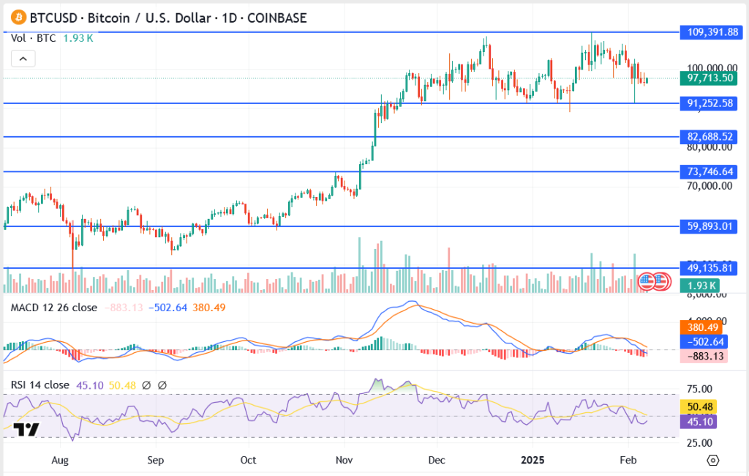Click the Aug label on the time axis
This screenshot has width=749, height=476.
coord(61,460)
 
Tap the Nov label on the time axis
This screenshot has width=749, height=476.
coord(344,460)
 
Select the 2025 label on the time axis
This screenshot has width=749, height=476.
coord(532,460)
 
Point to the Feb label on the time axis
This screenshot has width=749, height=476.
coord(628,460)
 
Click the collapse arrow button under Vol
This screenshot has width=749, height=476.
coord(23,59)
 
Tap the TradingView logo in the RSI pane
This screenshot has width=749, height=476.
coord(27,431)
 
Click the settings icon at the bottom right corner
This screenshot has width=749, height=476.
coord(713,460)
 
